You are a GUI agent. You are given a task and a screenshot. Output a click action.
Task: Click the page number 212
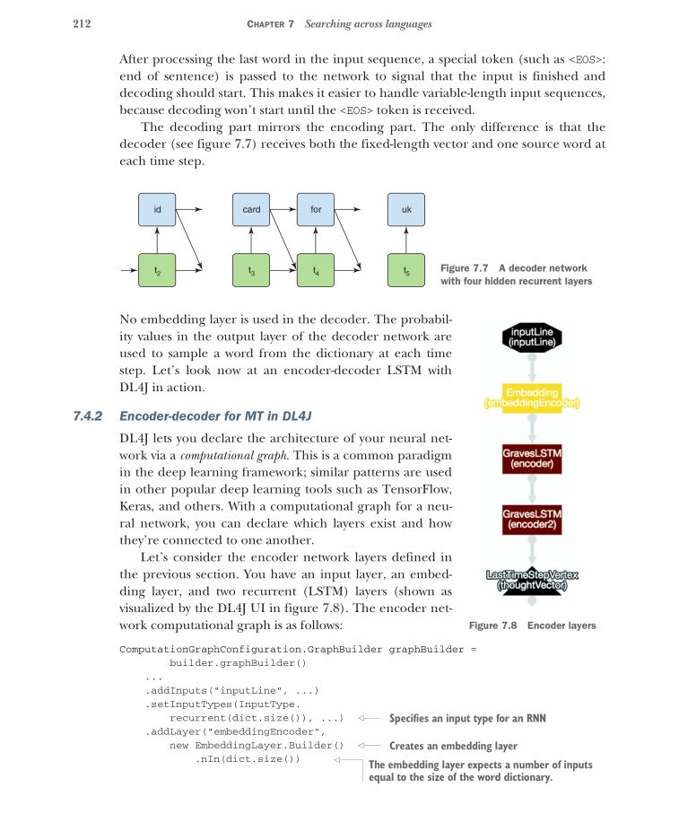(83, 23)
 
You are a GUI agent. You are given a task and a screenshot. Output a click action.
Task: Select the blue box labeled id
(157, 210)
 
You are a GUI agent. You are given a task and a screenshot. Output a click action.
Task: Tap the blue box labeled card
(251, 210)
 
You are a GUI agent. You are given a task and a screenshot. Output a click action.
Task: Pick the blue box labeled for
(316, 210)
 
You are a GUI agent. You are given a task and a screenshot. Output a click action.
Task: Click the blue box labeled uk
(406, 210)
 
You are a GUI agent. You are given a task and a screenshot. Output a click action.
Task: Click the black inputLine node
(533, 337)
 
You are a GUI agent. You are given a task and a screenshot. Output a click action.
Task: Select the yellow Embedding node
(533, 398)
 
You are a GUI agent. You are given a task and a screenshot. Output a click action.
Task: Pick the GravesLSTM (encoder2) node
(532, 521)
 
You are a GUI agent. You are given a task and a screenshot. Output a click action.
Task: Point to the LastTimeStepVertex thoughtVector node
(533, 580)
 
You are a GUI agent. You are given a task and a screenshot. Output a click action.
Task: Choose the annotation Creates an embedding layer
(453, 745)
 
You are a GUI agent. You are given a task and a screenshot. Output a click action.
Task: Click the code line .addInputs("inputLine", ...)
(231, 690)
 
